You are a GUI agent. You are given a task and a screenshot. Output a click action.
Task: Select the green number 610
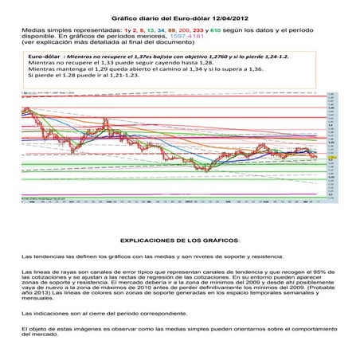click(x=216, y=28)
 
